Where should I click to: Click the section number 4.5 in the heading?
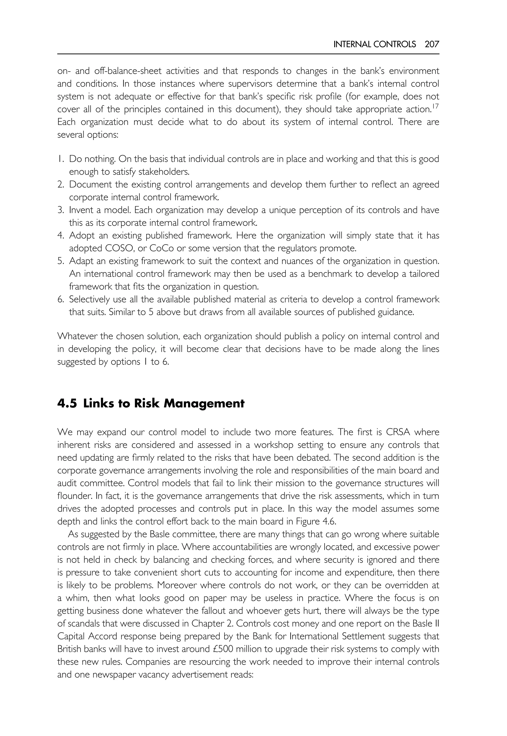67,403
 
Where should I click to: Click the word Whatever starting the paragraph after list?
78,336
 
